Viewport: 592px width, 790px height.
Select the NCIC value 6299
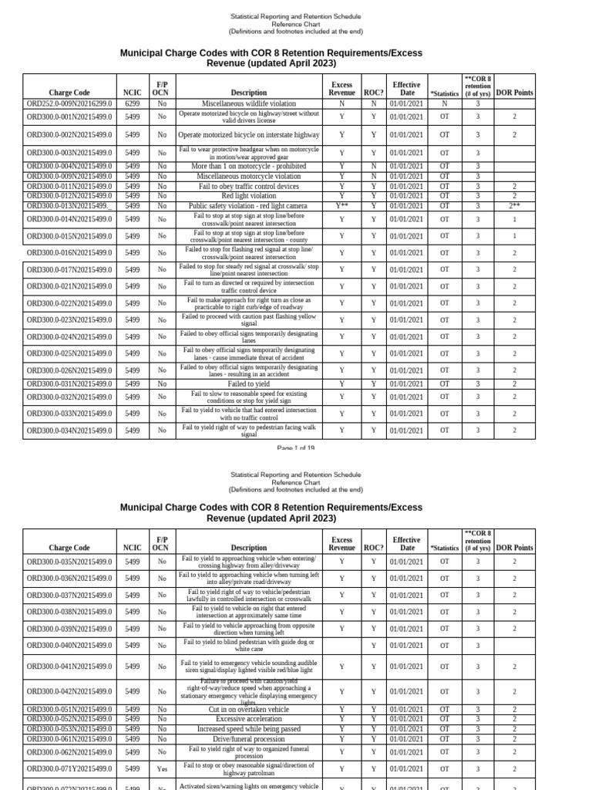pos(132,103)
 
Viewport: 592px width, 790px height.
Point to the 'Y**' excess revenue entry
pos(341,206)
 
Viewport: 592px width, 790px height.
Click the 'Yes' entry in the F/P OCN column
pos(162,768)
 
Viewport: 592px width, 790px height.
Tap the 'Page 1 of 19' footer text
pos(295,447)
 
